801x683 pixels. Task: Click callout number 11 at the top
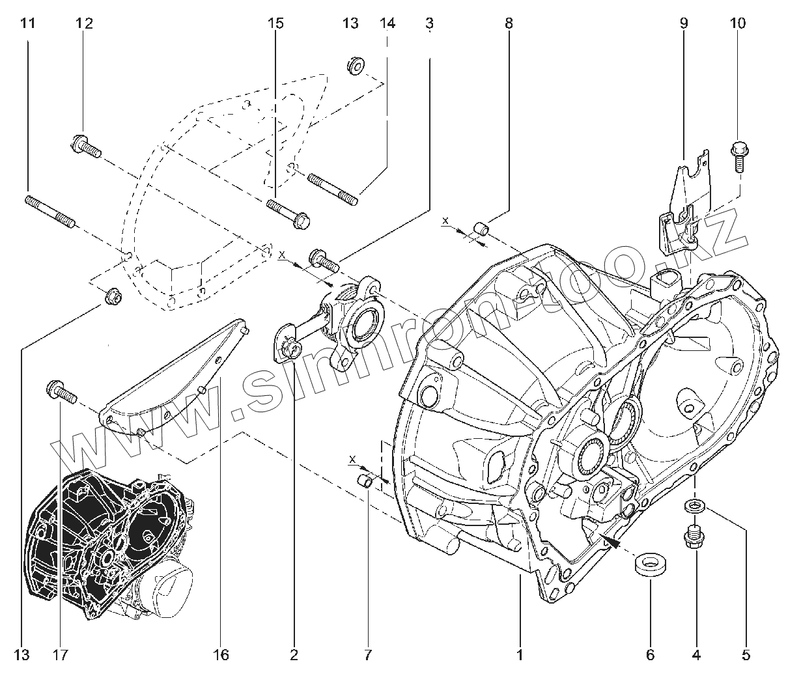[x=27, y=23]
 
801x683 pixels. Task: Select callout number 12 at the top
[x=84, y=23]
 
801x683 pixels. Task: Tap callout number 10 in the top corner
[x=738, y=23]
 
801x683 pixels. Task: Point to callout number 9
[x=684, y=23]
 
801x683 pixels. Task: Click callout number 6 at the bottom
[x=650, y=654]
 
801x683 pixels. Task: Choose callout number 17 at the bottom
[x=61, y=654]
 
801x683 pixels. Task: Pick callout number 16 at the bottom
[x=221, y=654]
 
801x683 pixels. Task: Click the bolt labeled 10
[x=739, y=156]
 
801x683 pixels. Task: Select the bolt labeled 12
[x=87, y=145]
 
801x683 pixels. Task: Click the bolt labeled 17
[x=61, y=392]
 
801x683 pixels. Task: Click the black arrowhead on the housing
[x=610, y=538]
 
